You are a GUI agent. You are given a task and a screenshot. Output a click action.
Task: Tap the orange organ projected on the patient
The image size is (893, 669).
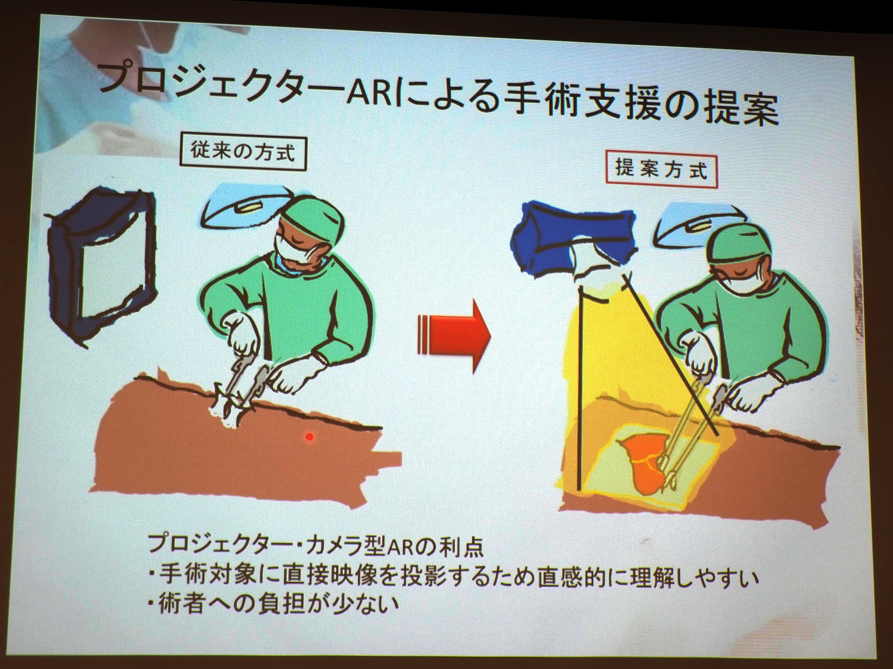point(643,464)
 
